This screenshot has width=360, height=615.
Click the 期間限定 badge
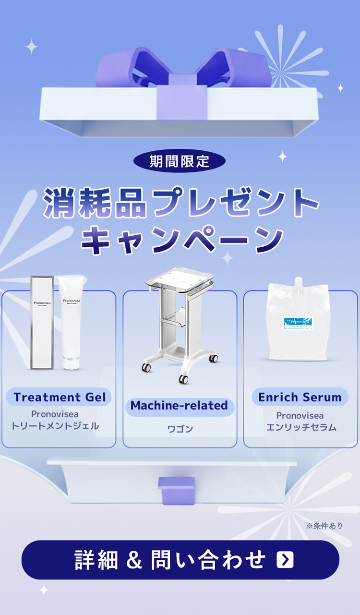point(179,161)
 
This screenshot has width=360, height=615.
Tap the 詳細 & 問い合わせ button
point(180,560)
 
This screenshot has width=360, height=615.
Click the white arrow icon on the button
point(285,560)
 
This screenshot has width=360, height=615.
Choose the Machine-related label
point(179,406)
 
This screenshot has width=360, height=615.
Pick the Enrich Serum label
point(300,398)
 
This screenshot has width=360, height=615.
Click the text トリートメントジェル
point(55,426)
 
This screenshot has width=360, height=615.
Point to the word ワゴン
point(180,429)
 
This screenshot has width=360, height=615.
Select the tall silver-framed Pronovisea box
point(42,322)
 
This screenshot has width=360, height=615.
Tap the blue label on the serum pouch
point(298,322)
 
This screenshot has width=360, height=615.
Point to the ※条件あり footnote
point(324,526)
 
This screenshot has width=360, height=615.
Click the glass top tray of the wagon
point(180,281)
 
